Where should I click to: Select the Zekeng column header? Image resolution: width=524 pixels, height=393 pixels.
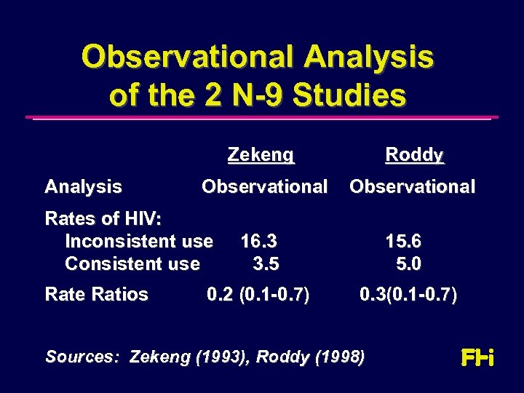point(261,155)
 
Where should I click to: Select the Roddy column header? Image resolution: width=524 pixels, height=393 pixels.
point(414,155)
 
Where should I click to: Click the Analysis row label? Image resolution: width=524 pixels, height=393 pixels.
point(83,187)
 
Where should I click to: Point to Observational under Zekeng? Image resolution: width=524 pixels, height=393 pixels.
point(264,187)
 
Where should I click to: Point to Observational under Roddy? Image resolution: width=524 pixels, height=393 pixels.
point(412,187)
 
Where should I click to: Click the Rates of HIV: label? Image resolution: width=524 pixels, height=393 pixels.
point(104,219)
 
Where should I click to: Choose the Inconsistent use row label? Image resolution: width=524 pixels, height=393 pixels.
point(139,241)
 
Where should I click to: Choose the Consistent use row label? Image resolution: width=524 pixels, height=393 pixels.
point(132,263)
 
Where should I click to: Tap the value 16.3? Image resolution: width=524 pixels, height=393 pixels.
point(258,241)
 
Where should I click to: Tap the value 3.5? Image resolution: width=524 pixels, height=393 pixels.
point(266,263)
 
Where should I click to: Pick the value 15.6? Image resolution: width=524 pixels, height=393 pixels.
point(403,241)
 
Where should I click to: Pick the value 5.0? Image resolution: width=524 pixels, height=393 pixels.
point(409,263)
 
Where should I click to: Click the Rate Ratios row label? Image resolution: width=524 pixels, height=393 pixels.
point(96,295)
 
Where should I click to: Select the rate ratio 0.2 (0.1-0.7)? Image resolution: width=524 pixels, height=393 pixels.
point(258,295)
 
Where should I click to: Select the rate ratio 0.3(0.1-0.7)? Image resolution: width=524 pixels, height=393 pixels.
point(408,295)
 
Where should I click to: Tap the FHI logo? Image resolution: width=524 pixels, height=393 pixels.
point(477,358)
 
